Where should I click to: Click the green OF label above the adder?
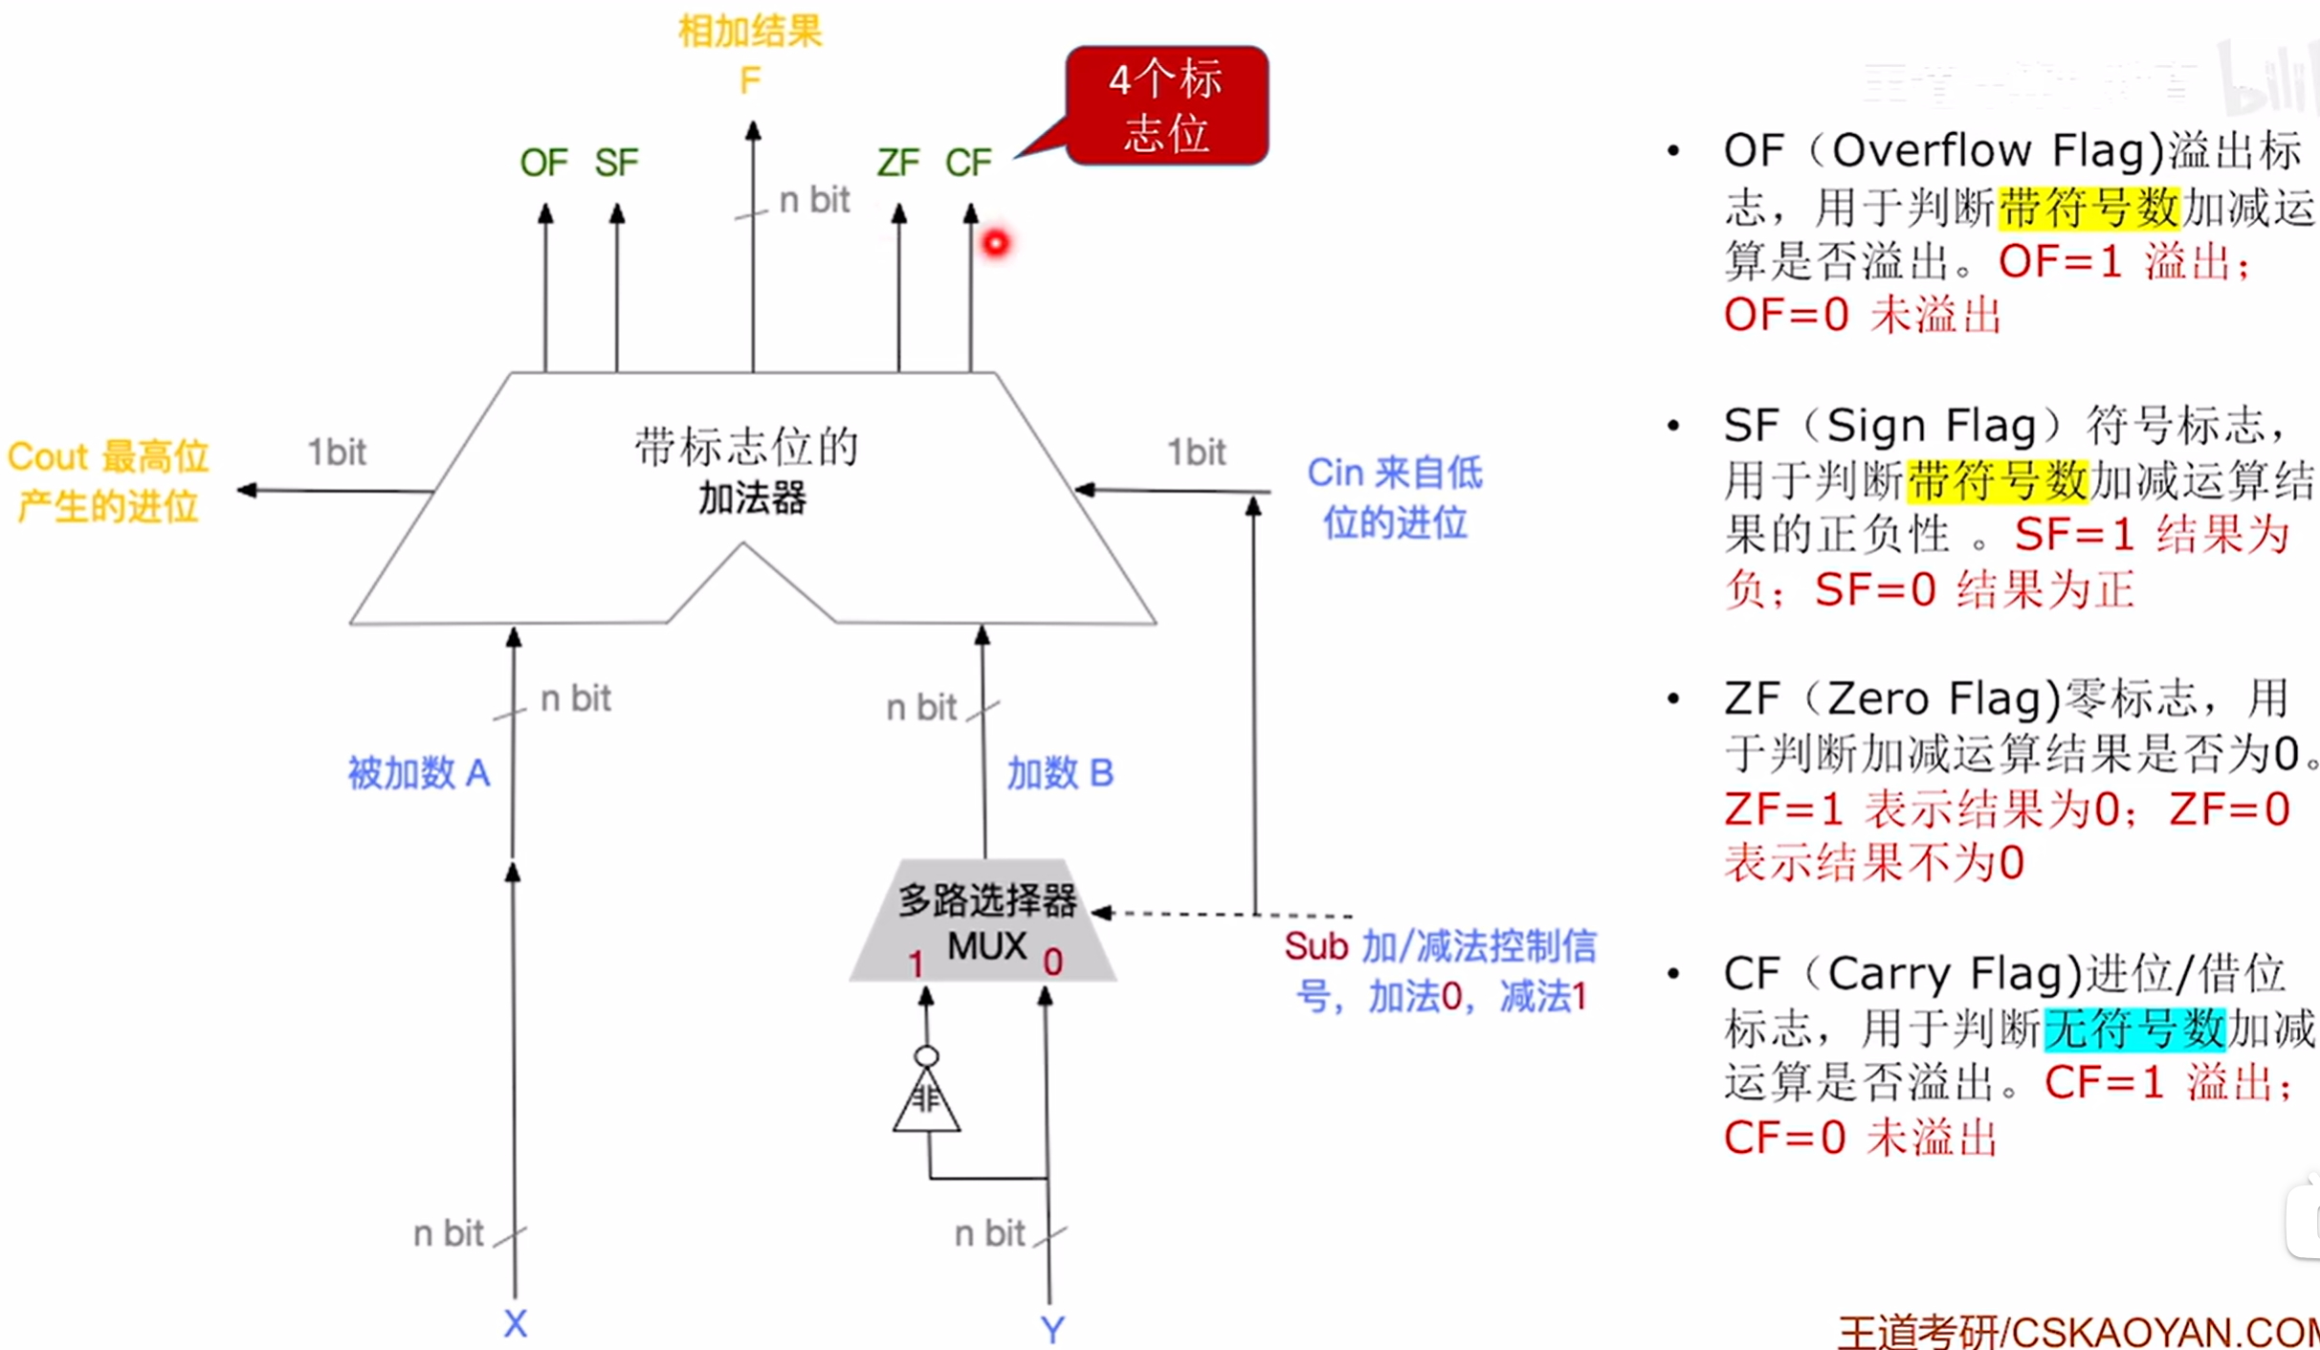coord(543,163)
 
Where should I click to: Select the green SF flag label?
coord(616,163)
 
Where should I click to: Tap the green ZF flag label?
coord(897,163)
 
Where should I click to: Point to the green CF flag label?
coord(968,163)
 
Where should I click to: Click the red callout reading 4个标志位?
coord(1166,105)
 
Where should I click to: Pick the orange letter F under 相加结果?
coord(750,80)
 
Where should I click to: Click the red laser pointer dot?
coord(996,243)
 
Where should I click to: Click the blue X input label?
coord(515,1324)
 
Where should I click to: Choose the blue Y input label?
coord(1051,1329)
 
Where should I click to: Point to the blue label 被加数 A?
coord(418,773)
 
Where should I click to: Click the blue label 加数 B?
coord(1060,773)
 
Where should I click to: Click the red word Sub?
coord(1315,946)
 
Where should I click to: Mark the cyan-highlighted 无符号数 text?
coord(2134,1029)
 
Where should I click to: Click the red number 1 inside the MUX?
coord(917,963)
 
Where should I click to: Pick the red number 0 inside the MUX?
coord(1052,962)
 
